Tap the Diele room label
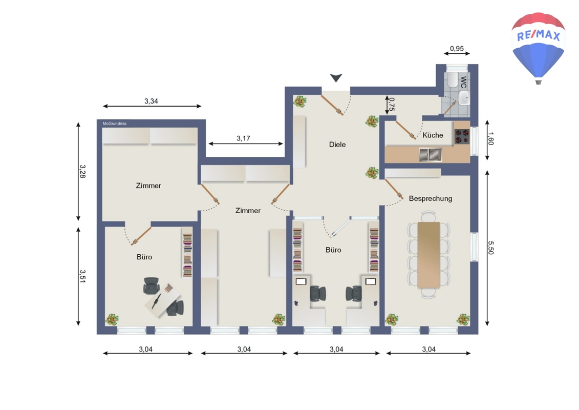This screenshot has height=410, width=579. [337, 145]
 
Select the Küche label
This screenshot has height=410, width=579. [433, 135]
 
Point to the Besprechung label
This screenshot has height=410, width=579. [431, 198]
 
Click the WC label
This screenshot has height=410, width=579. [464, 82]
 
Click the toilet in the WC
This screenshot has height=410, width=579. [453, 80]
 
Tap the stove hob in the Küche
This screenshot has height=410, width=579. [462, 136]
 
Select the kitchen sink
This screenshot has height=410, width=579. [430, 155]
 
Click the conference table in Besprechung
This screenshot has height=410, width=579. [428, 255]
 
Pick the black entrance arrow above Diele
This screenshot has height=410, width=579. [336, 77]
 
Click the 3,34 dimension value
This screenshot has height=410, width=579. [151, 101]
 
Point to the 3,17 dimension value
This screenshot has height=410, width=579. [243, 138]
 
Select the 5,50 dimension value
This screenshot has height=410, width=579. [491, 248]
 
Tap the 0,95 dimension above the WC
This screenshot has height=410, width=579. [457, 48]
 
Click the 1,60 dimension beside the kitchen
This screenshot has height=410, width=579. [490, 138]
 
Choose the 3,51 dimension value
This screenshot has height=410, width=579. [83, 276]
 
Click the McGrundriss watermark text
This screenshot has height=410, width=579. [115, 124]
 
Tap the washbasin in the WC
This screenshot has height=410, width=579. [464, 98]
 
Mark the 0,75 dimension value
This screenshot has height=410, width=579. [392, 104]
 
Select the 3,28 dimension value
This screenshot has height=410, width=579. [83, 172]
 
